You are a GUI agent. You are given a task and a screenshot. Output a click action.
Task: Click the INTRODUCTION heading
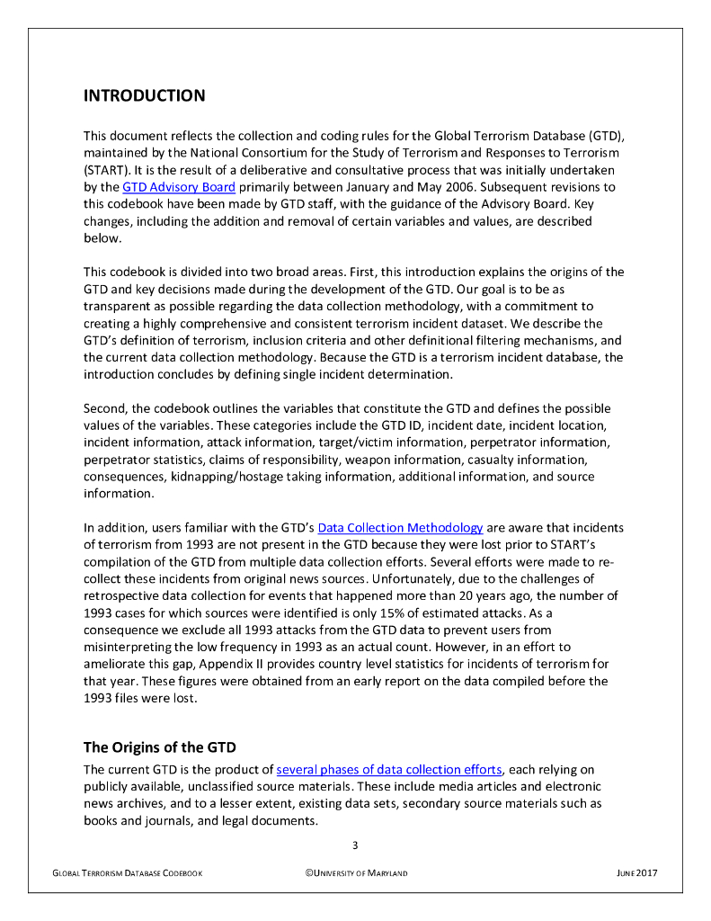click(144, 95)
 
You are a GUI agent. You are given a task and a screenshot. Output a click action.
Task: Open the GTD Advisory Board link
click(179, 187)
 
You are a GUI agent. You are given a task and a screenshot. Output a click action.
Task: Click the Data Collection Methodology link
click(400, 528)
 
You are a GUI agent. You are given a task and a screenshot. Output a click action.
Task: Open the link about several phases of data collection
click(388, 769)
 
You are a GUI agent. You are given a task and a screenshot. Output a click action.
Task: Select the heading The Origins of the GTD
click(160, 747)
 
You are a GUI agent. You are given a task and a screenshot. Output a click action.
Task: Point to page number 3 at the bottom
click(355, 845)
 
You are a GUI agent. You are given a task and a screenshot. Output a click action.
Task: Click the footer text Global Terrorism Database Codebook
click(127, 873)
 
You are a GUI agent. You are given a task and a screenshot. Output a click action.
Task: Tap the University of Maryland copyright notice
click(356, 873)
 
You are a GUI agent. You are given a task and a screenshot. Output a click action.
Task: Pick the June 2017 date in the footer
click(637, 873)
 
